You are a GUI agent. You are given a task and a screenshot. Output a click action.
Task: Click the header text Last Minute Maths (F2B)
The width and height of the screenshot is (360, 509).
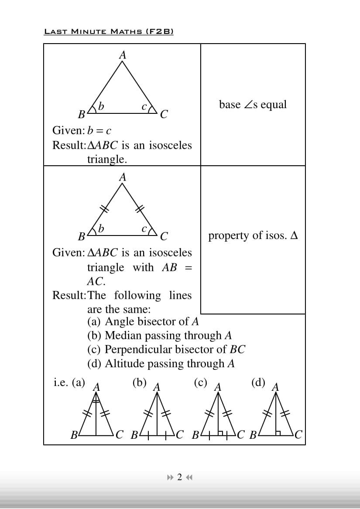pyautogui.click(x=109, y=31)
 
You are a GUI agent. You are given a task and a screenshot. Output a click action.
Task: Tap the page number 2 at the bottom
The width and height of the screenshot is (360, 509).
pyautogui.click(x=179, y=477)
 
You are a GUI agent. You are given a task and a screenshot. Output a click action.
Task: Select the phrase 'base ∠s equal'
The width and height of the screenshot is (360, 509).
pyautogui.click(x=253, y=105)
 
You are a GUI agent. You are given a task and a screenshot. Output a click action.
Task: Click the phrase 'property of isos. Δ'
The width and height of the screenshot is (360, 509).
pyautogui.click(x=253, y=236)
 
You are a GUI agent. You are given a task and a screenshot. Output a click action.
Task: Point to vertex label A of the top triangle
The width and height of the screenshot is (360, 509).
pyautogui.click(x=123, y=55)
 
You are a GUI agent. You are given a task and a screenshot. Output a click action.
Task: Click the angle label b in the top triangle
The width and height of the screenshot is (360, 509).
pyautogui.click(x=101, y=106)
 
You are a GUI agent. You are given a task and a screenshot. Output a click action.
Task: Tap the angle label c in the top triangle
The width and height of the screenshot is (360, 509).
pyautogui.click(x=144, y=106)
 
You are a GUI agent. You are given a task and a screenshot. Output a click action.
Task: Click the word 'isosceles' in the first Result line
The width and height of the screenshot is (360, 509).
pyautogui.click(x=170, y=145)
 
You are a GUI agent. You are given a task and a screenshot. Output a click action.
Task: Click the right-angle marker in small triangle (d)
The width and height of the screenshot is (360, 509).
pyautogui.click(x=278, y=433)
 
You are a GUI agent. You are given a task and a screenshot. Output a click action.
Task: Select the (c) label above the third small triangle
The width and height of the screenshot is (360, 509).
pyautogui.click(x=200, y=383)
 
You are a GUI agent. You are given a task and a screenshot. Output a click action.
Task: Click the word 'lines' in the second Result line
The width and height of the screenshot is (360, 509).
pyautogui.click(x=180, y=295)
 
